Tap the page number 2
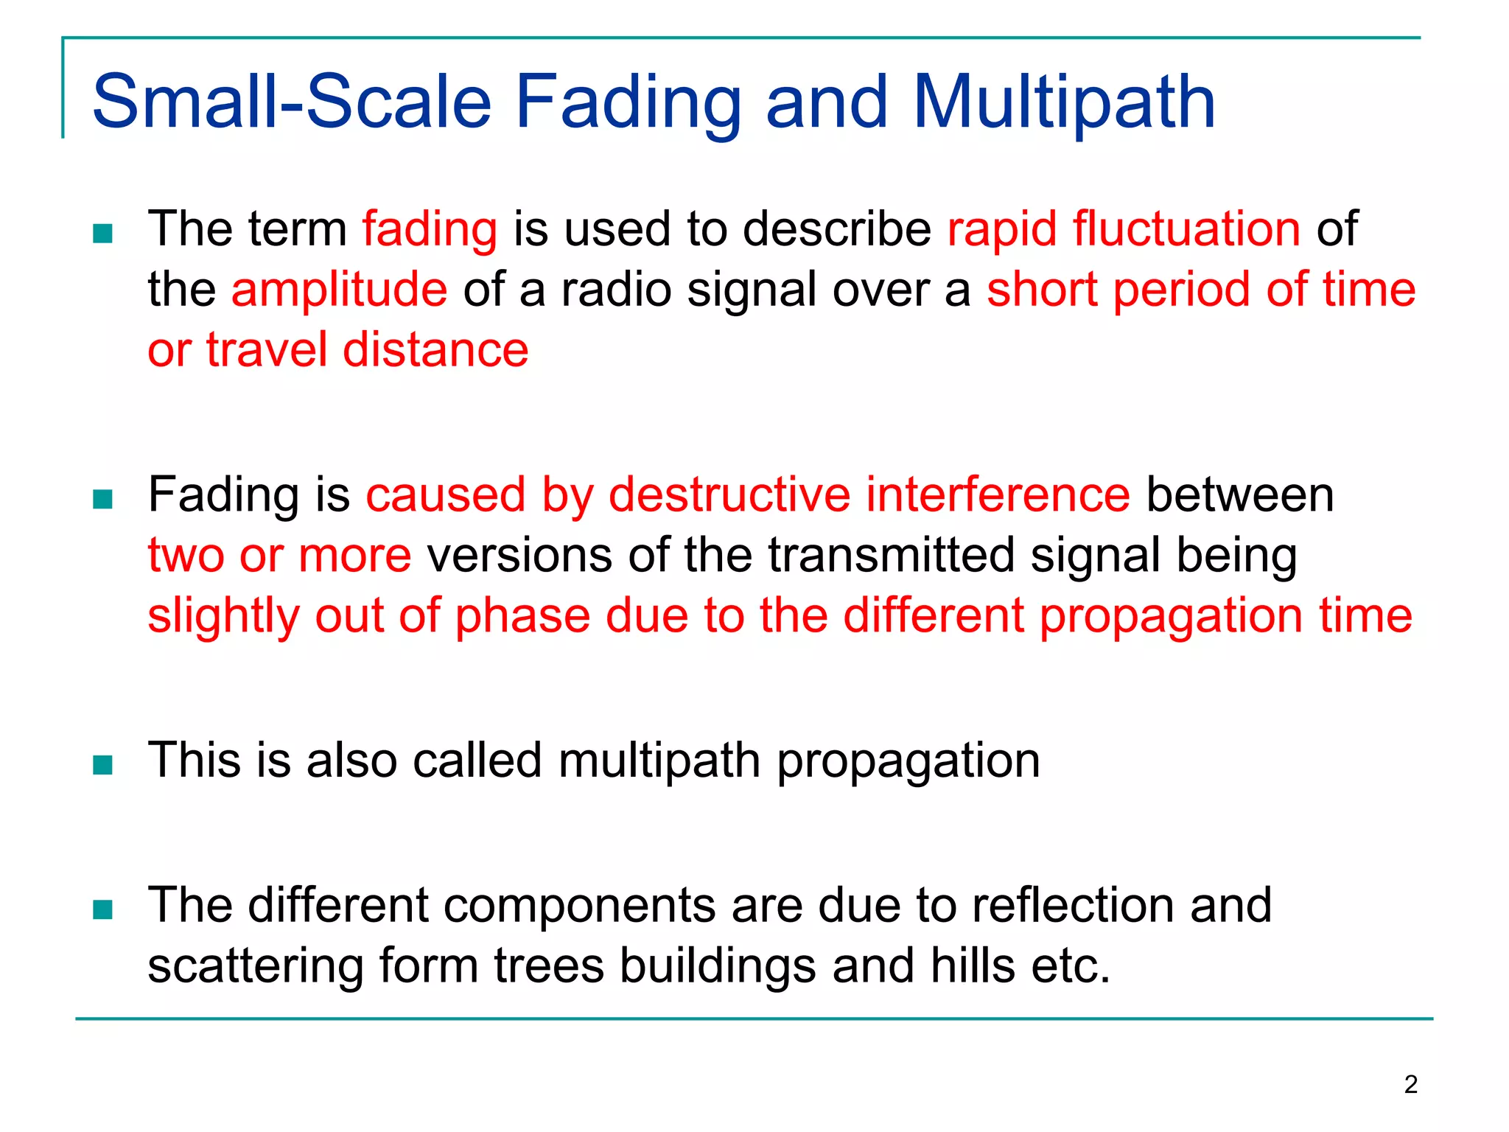pyautogui.click(x=1410, y=1085)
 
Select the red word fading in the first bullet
pyautogui.click(x=430, y=230)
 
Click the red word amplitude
pyautogui.click(x=339, y=289)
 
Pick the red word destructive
pyautogui.click(x=729, y=495)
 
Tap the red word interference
pyautogui.click(x=998, y=495)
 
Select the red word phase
pyautogui.click(x=522, y=616)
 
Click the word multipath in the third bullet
pyautogui.click(x=659, y=761)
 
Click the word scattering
pyautogui.click(x=255, y=966)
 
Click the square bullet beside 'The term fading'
pyautogui.click(x=103, y=234)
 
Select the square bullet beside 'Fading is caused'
pyautogui.click(x=103, y=500)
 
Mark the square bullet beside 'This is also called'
pyautogui.click(x=103, y=765)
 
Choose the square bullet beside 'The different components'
pyautogui.click(x=103, y=910)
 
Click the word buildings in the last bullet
pyautogui.click(x=717, y=966)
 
